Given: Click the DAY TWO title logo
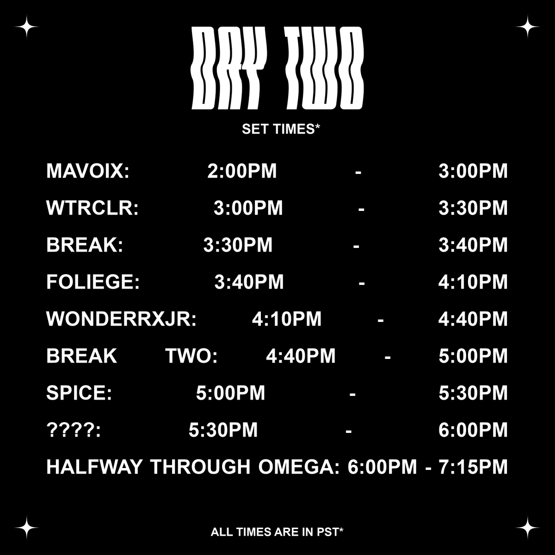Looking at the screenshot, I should coord(277,68).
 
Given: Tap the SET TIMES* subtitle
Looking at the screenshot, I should coord(281,129).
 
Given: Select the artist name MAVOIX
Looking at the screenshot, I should coord(87,171).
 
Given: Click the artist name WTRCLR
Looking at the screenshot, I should coord(92,208).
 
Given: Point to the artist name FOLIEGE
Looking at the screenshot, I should coord(92,282).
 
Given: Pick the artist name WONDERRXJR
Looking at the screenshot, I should coord(121,319).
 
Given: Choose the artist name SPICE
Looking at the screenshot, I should coord(79,393).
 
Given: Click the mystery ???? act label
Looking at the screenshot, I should coord(74,430).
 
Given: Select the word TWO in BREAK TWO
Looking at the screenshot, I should coord(191,356).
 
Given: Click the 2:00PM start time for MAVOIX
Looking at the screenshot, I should coord(242,171).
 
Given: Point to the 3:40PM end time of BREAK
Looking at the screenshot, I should coord(473,245).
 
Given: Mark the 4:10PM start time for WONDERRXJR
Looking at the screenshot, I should coord(287,319).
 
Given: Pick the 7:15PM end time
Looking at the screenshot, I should coord(473,467).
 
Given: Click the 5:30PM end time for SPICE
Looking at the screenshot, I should coord(473,393).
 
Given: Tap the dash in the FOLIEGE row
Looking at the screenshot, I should coord(362,282).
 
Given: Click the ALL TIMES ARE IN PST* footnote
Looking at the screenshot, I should coord(277,532).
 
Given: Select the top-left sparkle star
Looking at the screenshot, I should coord(27,27).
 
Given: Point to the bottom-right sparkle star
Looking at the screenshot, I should coord(528,528).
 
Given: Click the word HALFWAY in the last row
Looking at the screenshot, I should coord(94,467).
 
